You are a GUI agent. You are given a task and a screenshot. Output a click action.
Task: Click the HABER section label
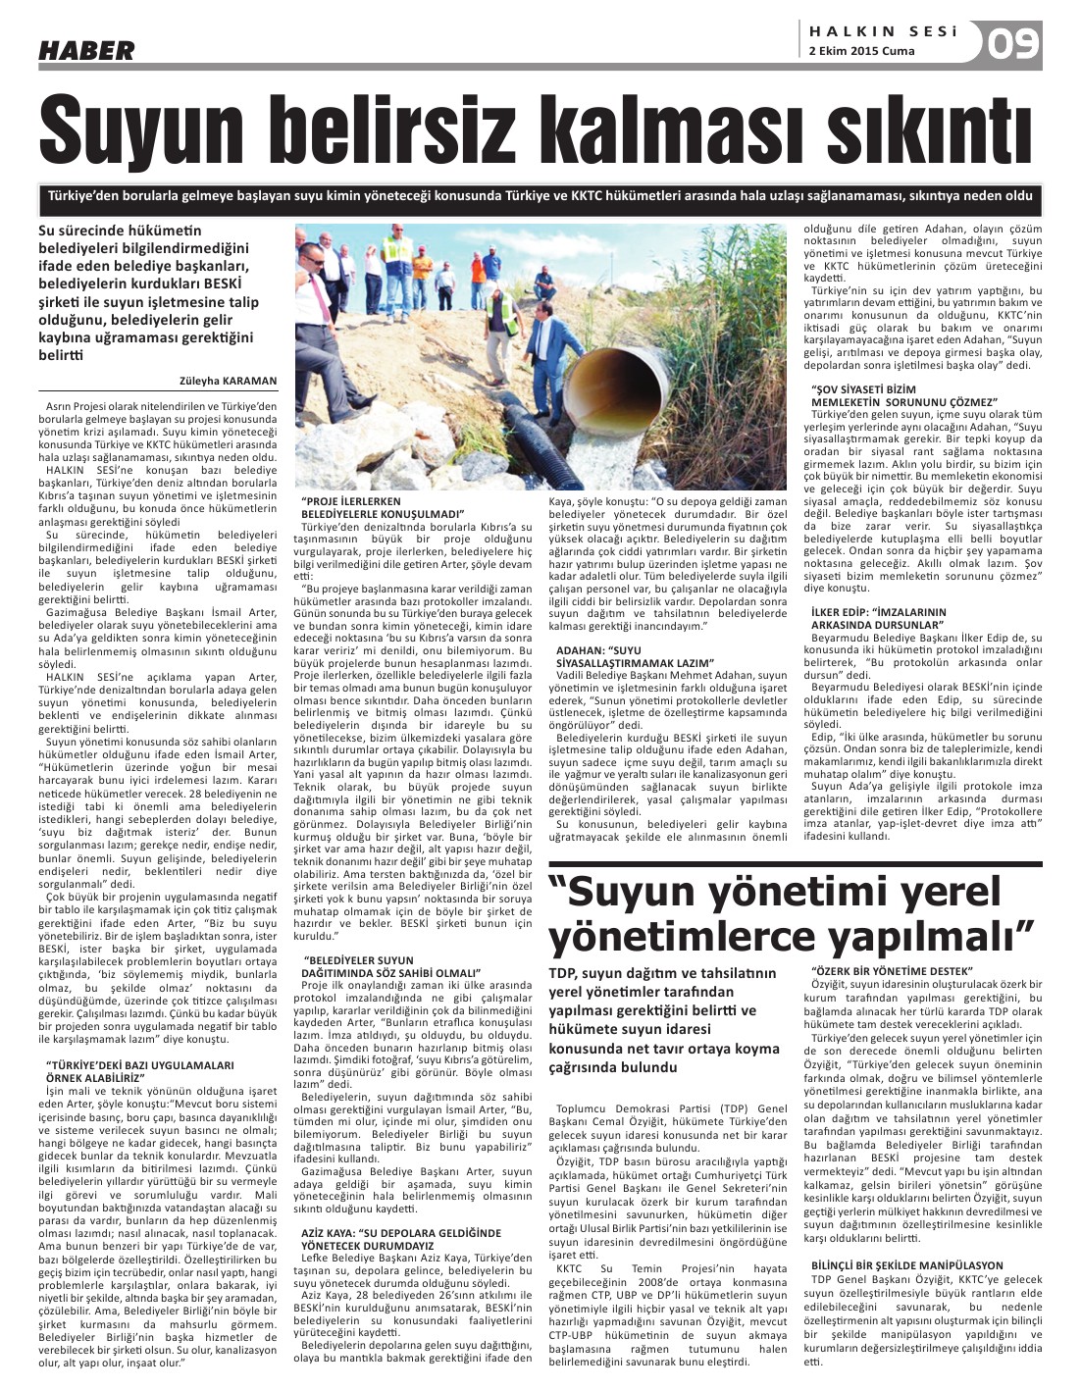click(85, 51)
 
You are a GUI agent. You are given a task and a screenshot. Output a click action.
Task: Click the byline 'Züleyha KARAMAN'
click(229, 381)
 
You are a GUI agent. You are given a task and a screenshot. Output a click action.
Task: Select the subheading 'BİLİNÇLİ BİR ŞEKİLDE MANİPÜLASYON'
click(907, 1265)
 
